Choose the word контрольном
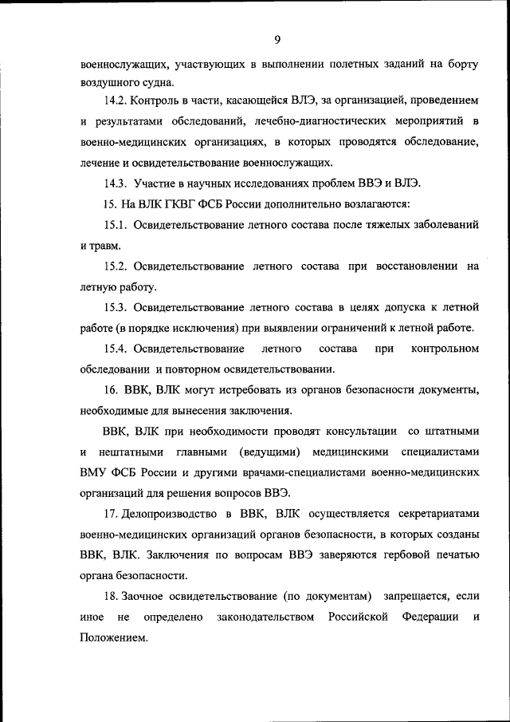[x=445, y=349]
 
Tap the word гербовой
[x=396, y=555]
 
